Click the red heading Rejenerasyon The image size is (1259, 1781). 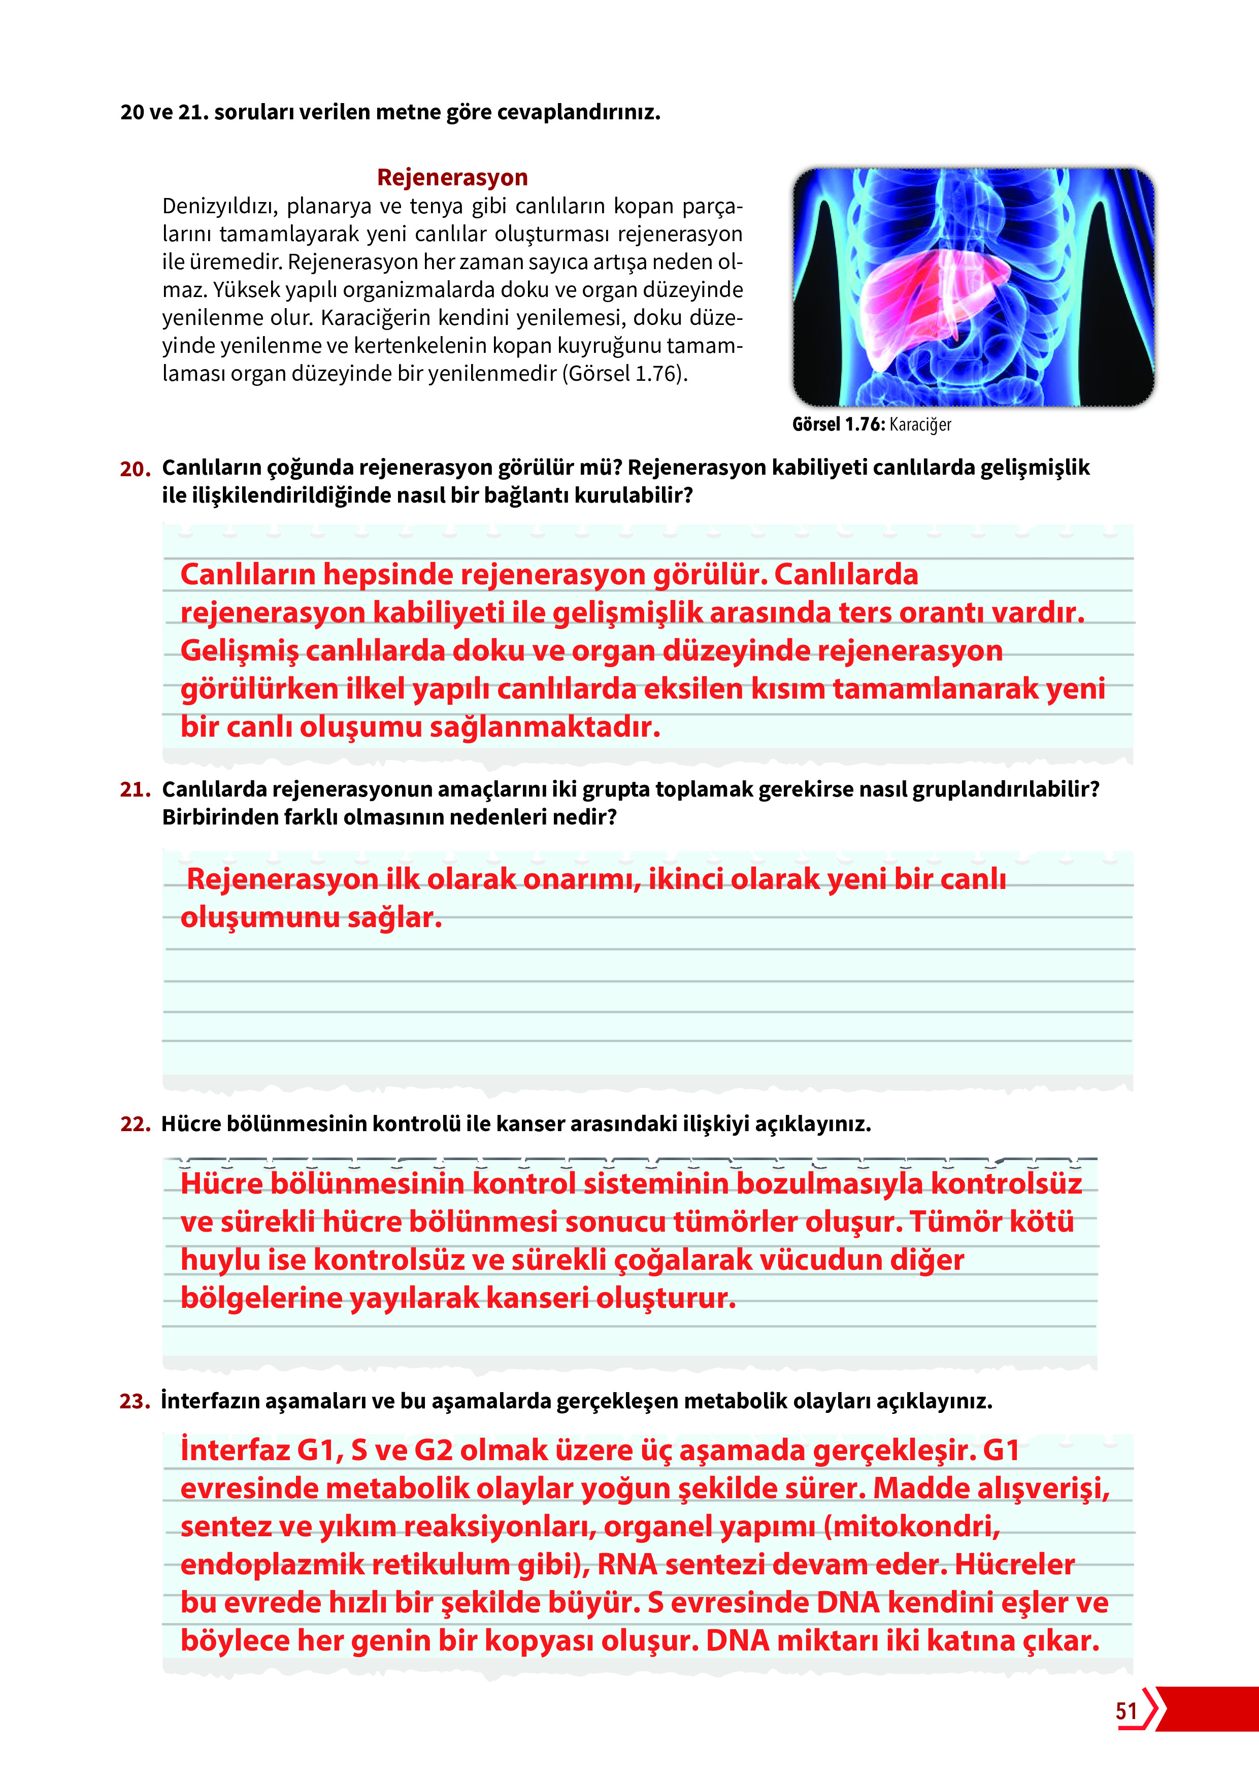(x=452, y=178)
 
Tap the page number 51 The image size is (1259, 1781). (x=1127, y=1711)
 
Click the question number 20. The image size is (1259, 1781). (x=135, y=469)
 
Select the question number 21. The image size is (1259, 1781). (x=135, y=789)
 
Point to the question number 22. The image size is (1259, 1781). (x=135, y=1124)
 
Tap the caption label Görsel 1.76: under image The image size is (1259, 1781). (x=838, y=424)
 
